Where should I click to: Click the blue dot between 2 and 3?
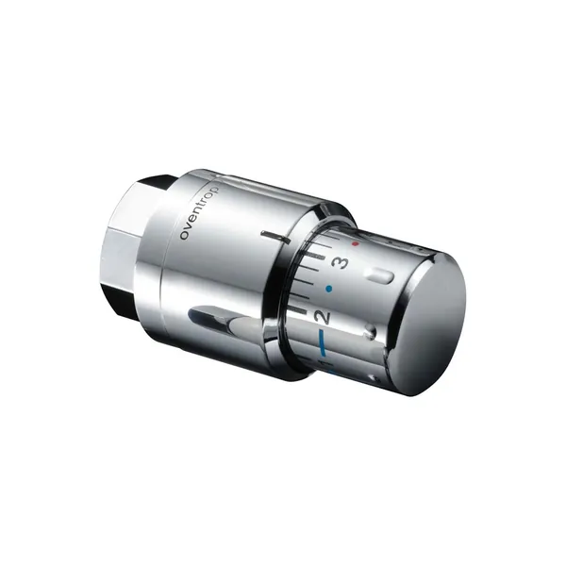[328, 289]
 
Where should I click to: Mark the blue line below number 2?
[319, 342]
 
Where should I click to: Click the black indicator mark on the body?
[276, 237]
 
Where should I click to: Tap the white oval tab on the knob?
[379, 276]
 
